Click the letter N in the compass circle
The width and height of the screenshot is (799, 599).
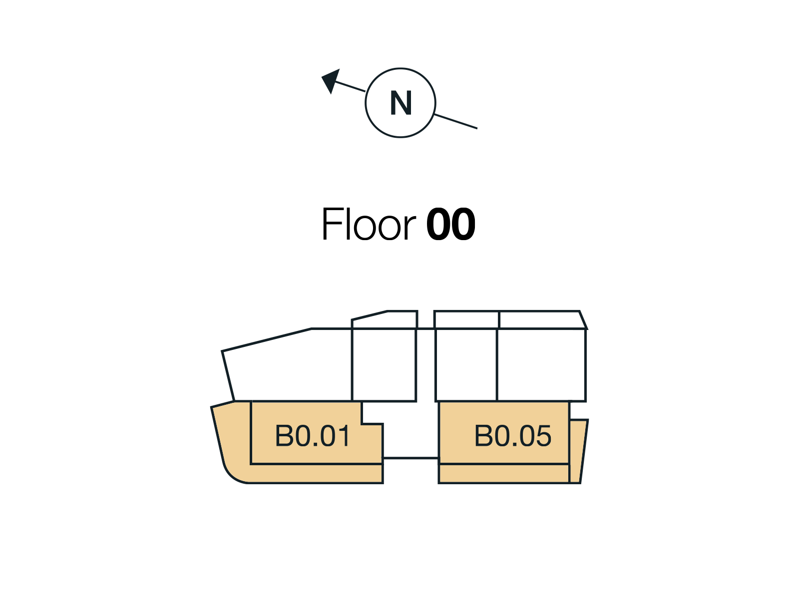pyautogui.click(x=400, y=103)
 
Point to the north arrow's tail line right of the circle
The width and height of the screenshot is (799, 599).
pyautogui.click(x=455, y=121)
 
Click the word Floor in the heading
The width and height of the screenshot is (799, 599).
pyautogui.click(x=369, y=223)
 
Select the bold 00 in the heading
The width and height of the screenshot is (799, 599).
pyautogui.click(x=450, y=224)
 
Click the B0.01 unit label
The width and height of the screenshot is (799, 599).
pyautogui.click(x=313, y=435)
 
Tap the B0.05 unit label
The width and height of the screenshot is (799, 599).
pyautogui.click(x=512, y=435)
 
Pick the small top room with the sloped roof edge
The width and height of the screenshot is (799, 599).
pyautogui.click(x=385, y=320)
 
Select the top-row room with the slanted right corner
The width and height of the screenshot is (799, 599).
pyautogui.click(x=542, y=320)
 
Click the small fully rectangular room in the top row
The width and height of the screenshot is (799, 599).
pyautogui.click(x=466, y=320)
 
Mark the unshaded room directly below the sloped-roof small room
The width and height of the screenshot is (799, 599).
pyautogui.click(x=384, y=365)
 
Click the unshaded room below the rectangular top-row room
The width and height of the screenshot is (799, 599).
pyautogui.click(x=466, y=365)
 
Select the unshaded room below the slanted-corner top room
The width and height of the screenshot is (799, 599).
pyautogui.click(x=541, y=365)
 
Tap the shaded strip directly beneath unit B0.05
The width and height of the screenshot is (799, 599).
pyautogui.click(x=504, y=474)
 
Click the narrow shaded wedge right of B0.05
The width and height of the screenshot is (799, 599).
pyautogui.click(x=578, y=451)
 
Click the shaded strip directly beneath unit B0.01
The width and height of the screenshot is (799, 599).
pyautogui.click(x=316, y=474)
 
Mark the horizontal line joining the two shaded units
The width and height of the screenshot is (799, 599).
pyautogui.click(x=410, y=458)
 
